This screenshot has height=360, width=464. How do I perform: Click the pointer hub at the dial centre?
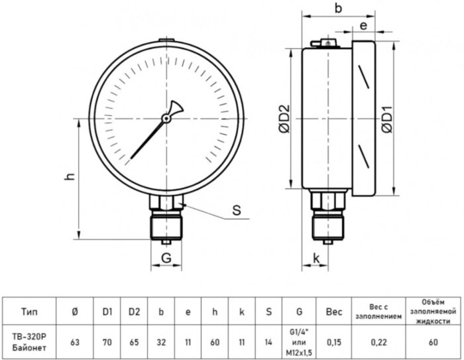click(166, 119)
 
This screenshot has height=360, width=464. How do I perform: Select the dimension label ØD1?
click(387, 119)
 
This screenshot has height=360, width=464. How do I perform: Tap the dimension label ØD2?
click(284, 119)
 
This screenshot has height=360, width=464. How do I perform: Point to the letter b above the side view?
click(338, 8)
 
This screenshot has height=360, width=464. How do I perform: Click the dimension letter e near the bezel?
click(364, 26)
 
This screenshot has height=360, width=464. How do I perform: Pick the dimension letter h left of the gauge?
click(70, 176)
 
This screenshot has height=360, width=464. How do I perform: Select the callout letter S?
click(237, 210)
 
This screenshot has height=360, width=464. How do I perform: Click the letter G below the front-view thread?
click(166, 258)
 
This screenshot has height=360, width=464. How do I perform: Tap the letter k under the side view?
click(316, 258)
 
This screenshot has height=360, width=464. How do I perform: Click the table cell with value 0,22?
click(378, 342)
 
